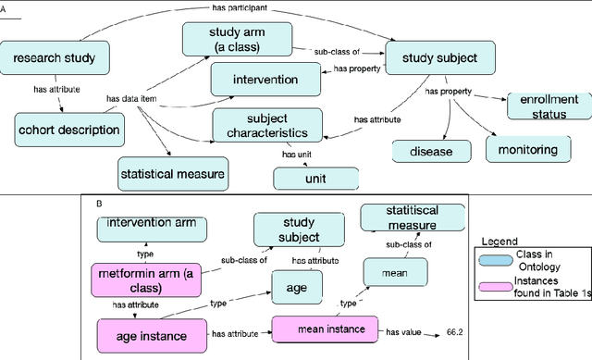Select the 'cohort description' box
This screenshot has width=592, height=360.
tap(70, 129)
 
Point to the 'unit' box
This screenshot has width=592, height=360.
tap(314, 176)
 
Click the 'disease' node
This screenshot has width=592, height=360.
tap(431, 150)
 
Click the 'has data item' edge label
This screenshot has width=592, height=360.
tap(132, 97)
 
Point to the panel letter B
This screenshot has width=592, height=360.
tap(100, 201)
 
